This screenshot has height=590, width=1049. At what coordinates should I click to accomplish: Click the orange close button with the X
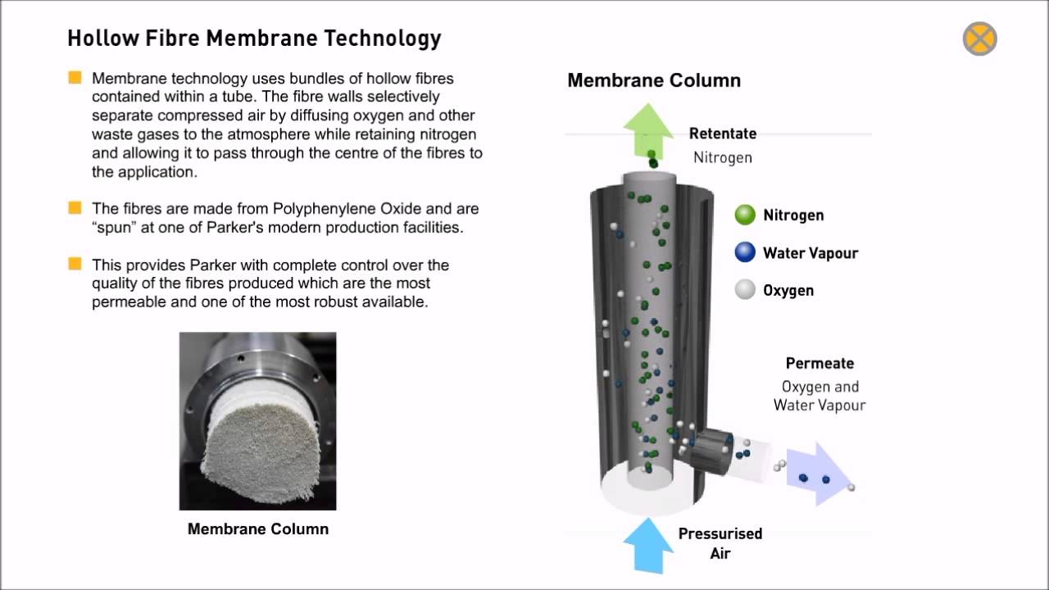tap(979, 39)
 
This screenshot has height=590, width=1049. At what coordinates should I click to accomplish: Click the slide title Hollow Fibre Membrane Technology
tap(254, 39)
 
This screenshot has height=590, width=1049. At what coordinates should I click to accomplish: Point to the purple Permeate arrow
tap(820, 474)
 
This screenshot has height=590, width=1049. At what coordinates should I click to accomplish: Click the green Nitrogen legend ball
tap(745, 216)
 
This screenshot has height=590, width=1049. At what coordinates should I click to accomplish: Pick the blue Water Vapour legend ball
tap(745, 252)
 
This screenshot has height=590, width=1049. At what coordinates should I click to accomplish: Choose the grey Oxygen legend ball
tap(745, 289)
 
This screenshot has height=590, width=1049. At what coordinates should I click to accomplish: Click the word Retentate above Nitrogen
tap(722, 134)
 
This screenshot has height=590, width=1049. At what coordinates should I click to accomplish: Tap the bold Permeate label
tap(820, 363)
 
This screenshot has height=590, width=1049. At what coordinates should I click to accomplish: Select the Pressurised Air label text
tap(720, 543)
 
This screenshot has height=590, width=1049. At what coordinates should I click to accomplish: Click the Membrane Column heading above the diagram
tap(654, 80)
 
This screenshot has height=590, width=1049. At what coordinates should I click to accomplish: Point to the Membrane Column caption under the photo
tap(258, 529)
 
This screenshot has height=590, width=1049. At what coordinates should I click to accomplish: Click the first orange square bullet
tap(75, 79)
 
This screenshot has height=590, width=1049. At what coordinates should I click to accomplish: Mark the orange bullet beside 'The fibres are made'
tap(75, 208)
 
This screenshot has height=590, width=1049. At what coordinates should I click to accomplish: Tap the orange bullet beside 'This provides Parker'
tap(75, 264)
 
